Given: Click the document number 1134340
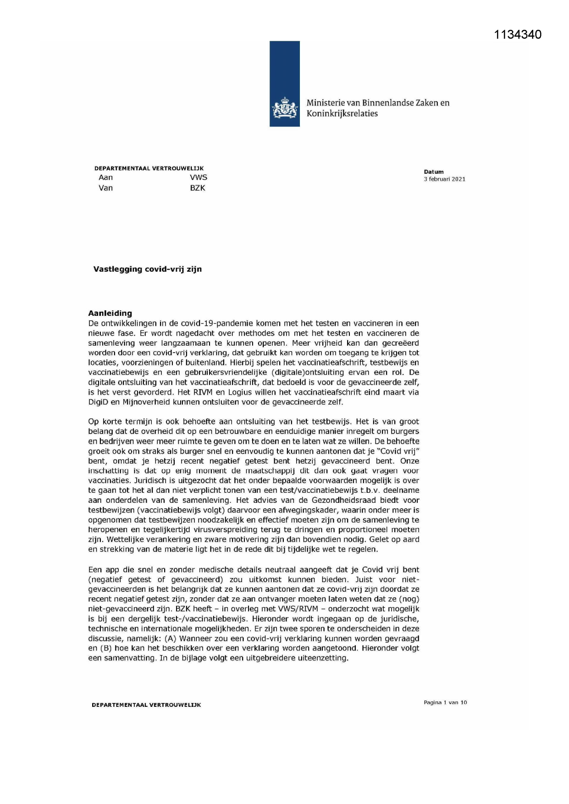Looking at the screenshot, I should coord(518,34).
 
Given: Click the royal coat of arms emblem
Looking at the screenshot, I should coord(284,108).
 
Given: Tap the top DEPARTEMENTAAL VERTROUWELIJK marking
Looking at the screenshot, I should coord(149,168).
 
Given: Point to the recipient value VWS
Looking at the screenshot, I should coord(198,177).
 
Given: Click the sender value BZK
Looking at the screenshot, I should coord(198,188).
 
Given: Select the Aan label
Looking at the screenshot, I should coord(105,177).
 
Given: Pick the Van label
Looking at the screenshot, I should coord(105,188).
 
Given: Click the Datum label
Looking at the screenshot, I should coord(433,172).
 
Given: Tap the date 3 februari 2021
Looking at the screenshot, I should coord(444,179).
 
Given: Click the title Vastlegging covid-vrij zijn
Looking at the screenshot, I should coord(147,269).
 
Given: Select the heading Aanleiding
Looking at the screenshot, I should coord(110,313).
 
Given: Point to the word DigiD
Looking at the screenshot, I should coord(98,402).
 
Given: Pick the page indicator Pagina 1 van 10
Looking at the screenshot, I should coord(445,702).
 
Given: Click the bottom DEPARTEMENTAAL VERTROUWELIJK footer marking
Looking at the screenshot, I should coord(146,705).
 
